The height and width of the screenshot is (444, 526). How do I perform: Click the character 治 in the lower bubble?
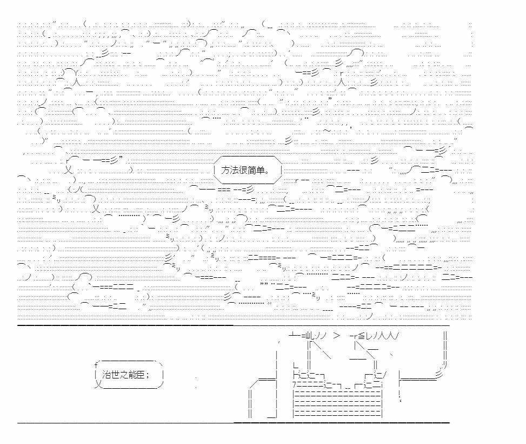[106, 375]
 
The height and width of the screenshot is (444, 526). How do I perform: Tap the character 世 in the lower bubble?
[115, 375]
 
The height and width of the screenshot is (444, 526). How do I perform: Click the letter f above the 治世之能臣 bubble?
[96, 365]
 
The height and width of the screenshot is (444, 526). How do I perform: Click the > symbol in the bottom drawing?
[337, 336]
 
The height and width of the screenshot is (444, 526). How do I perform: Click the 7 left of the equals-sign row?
[294, 384]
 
